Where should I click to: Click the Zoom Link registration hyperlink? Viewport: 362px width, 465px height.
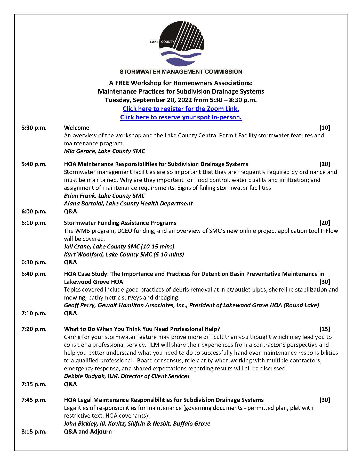181,109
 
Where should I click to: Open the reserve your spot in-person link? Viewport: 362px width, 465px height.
181,117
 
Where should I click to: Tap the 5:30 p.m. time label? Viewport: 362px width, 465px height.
34,128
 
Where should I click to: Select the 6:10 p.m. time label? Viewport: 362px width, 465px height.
34,223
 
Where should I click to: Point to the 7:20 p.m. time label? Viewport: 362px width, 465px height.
34,329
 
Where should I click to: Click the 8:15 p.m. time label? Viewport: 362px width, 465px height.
34,432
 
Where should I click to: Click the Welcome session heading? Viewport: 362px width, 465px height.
77,128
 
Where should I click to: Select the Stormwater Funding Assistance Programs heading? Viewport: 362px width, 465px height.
120,223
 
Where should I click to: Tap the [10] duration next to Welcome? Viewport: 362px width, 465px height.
325,128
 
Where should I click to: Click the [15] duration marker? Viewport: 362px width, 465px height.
325,329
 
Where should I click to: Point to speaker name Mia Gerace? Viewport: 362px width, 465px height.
104,151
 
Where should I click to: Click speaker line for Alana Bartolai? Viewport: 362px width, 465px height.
128,204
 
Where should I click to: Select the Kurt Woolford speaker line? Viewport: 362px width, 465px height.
124,255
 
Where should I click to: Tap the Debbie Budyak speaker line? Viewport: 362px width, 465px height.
127,376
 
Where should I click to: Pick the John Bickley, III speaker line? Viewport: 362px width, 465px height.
137,424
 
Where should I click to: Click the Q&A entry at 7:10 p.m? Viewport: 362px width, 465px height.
70,313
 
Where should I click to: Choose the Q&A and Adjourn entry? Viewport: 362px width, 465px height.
88,432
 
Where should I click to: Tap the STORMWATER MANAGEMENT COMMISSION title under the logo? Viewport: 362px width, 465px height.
181,72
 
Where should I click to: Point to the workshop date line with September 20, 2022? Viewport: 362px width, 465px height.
181,100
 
